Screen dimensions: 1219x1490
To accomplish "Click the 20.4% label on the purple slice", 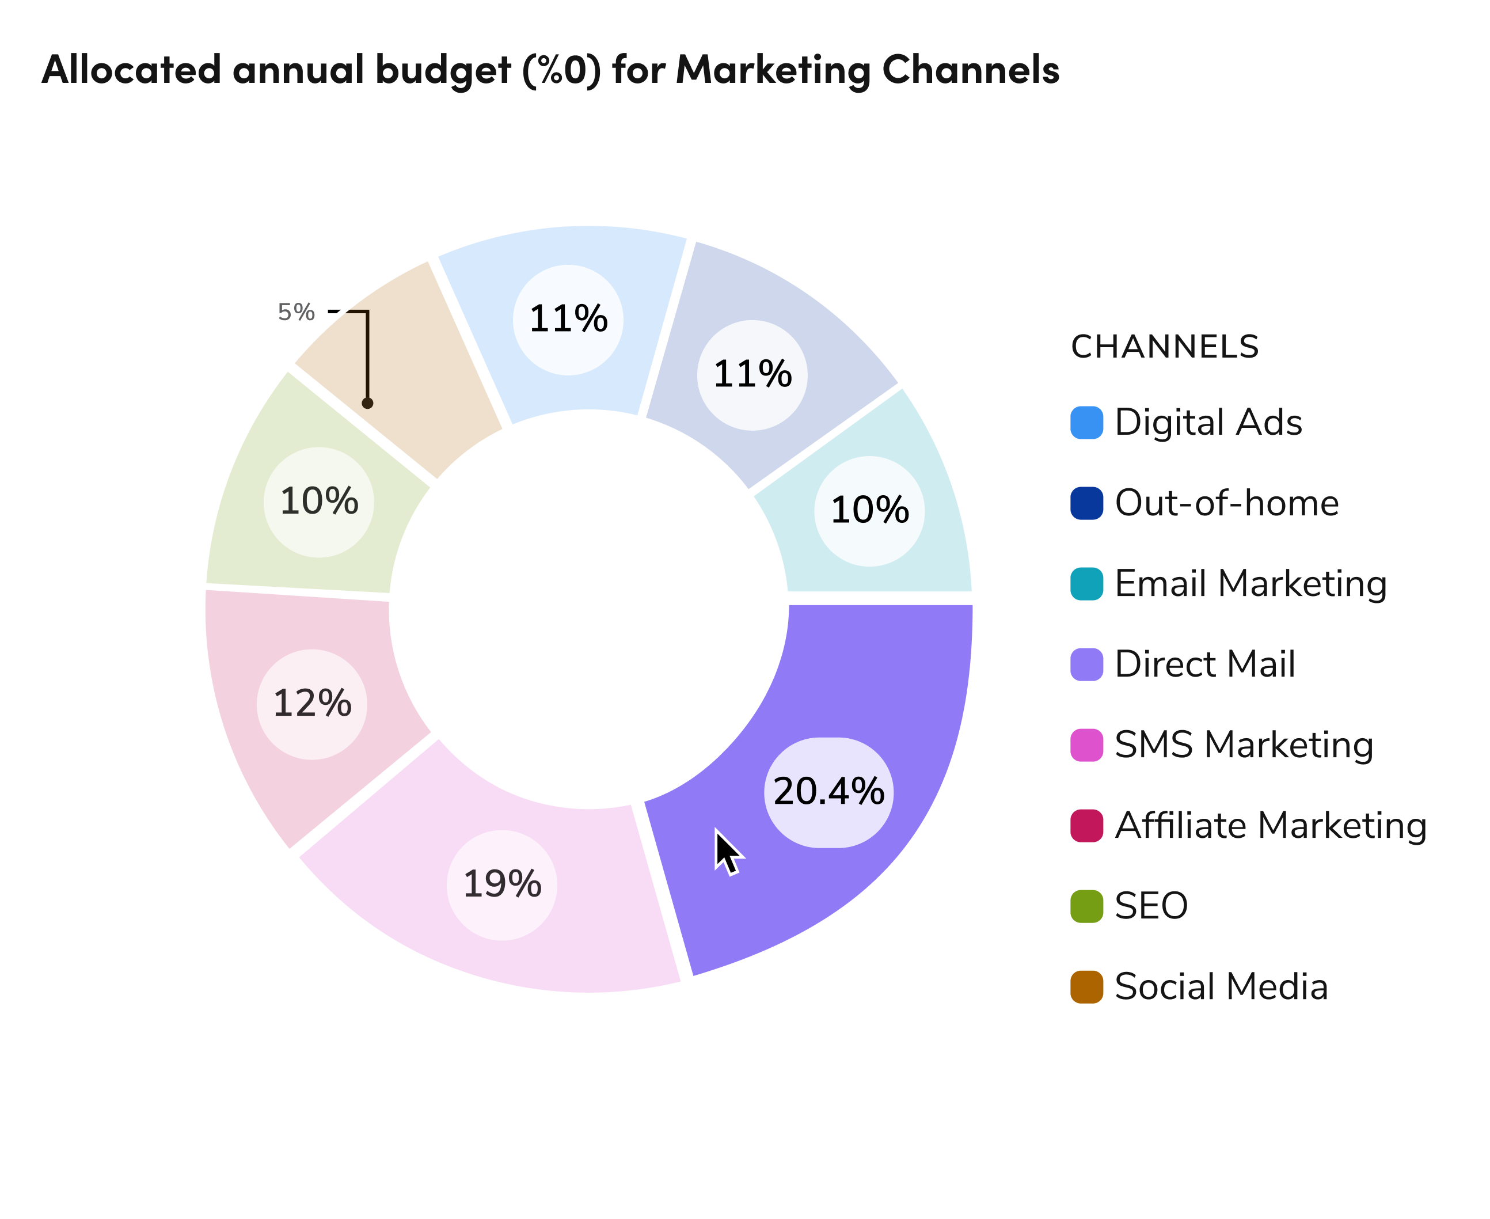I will point(828,792).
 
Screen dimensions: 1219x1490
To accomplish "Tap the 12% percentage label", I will point(312,704).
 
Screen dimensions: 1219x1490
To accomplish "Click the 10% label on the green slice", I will point(319,502).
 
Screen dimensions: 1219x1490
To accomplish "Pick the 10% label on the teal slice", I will point(869,511).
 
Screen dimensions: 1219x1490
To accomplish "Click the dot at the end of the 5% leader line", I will point(367,403).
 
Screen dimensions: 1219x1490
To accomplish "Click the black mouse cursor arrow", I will point(727,851).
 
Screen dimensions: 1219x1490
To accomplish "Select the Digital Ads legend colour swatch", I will point(1086,423).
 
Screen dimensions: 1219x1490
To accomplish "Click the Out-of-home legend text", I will point(1227,503).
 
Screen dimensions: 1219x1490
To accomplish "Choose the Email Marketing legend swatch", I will point(1086,583).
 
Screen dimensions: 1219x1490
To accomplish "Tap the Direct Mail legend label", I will point(1204,664).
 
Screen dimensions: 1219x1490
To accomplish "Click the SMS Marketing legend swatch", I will point(1086,745).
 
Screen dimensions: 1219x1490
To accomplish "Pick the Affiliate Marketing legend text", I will point(1270,825).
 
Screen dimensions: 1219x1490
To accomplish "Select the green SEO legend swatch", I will point(1086,906).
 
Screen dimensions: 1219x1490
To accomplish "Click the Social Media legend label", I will point(1221,986).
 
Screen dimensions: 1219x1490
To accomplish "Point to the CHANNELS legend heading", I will point(1165,347).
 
